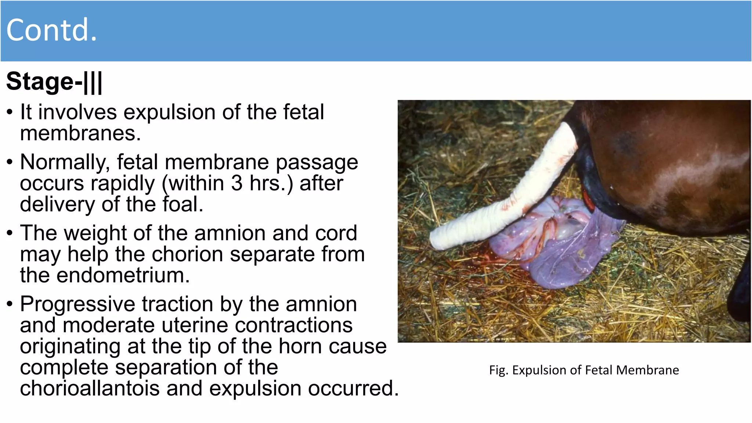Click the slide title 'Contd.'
[x=52, y=30]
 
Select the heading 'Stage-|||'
[x=54, y=81]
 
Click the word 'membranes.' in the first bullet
[x=80, y=133]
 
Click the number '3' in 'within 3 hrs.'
[x=237, y=183]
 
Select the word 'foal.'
[x=183, y=204]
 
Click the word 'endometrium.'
[x=123, y=275]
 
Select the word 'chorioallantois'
[x=90, y=388]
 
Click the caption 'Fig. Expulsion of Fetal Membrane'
[x=584, y=370]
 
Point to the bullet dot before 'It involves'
[x=10, y=112]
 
